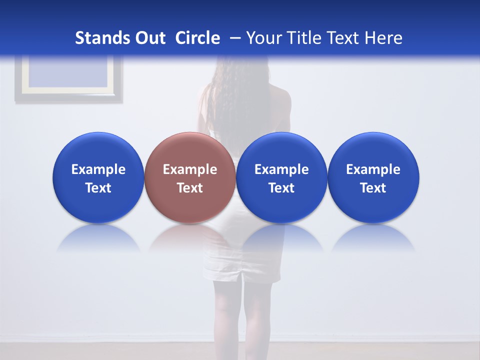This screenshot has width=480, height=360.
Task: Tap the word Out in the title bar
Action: [148, 38]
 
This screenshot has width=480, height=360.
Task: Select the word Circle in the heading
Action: [197, 38]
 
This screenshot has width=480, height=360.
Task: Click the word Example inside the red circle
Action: [190, 169]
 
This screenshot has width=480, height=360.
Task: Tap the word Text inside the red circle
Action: [190, 188]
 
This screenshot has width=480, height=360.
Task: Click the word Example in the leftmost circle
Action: [98, 169]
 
